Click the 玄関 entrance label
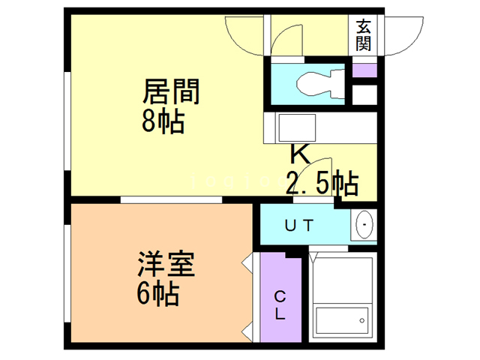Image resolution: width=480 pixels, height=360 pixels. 364,34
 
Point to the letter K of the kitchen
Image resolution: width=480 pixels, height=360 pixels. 299,155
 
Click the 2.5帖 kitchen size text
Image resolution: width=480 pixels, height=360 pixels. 321,181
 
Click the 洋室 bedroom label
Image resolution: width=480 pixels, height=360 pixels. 166,265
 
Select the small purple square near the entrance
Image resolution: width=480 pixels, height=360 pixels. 364,71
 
